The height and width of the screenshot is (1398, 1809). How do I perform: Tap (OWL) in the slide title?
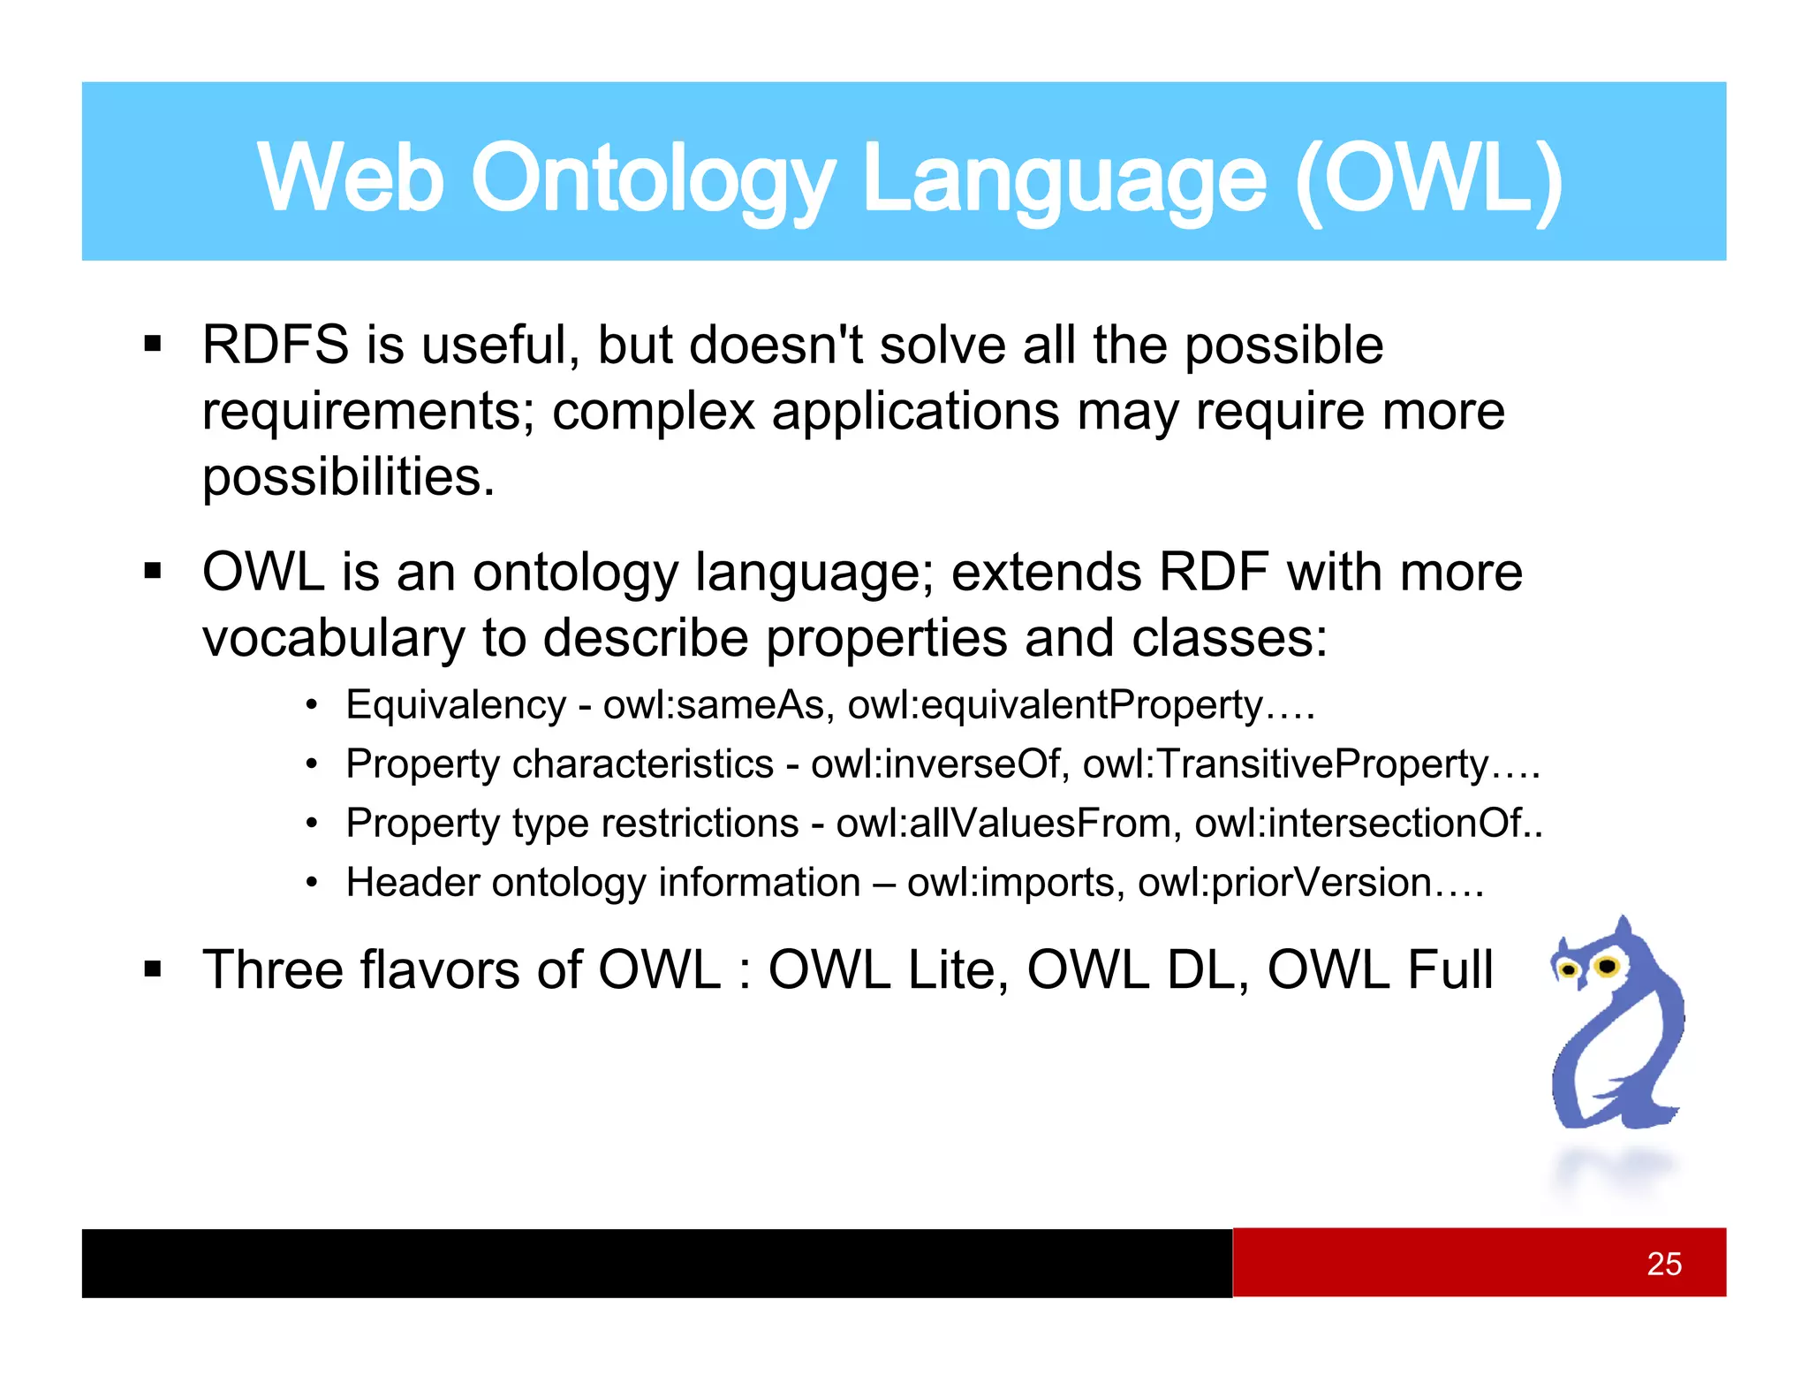[x=1428, y=179]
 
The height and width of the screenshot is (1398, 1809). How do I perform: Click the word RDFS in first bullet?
[x=276, y=345]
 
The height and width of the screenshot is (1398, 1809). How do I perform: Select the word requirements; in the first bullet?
[x=368, y=412]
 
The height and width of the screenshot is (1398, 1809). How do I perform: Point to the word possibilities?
[x=348, y=477]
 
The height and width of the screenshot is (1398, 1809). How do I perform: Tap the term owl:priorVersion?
[x=1284, y=883]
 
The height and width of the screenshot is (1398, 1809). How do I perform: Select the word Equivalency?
[x=456, y=705]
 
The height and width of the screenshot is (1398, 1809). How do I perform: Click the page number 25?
[x=1664, y=1264]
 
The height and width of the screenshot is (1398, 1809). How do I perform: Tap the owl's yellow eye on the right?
[x=1608, y=966]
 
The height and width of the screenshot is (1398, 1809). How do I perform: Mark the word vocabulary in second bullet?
[x=333, y=638]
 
